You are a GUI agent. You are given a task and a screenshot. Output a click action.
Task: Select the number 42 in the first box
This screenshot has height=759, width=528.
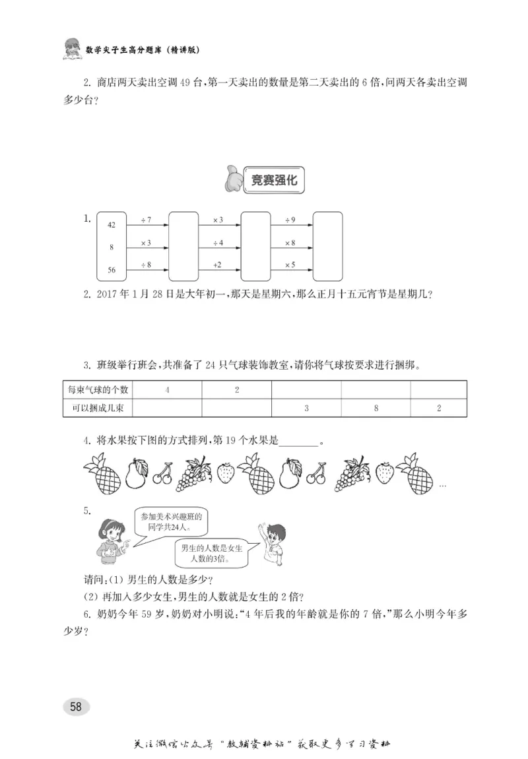[x=112, y=226]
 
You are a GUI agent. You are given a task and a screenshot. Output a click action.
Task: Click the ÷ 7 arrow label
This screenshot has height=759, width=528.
[x=146, y=219]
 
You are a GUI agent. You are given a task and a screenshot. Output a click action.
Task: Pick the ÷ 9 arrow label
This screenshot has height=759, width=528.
[x=290, y=219]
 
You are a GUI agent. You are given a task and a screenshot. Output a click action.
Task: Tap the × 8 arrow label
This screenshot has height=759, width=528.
[x=290, y=243]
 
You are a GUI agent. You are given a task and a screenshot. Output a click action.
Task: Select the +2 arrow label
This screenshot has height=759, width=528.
[x=217, y=265]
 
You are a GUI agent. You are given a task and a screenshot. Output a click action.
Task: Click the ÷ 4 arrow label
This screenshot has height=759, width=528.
[x=218, y=243]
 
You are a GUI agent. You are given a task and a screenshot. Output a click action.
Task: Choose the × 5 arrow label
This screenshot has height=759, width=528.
[x=290, y=265]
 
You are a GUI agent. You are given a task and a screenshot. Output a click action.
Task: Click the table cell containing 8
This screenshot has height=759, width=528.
[x=376, y=409]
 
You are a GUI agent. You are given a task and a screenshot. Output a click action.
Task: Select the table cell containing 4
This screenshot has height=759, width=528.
[x=167, y=390]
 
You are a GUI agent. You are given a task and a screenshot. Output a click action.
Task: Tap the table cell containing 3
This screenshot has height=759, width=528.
[x=306, y=409]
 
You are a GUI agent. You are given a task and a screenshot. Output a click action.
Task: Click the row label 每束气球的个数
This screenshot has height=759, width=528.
[x=96, y=390]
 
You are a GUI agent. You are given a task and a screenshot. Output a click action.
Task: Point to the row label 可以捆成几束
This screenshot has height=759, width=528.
[x=96, y=409]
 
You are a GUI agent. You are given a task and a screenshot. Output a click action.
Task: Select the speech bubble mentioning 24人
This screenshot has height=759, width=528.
[x=170, y=522]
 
